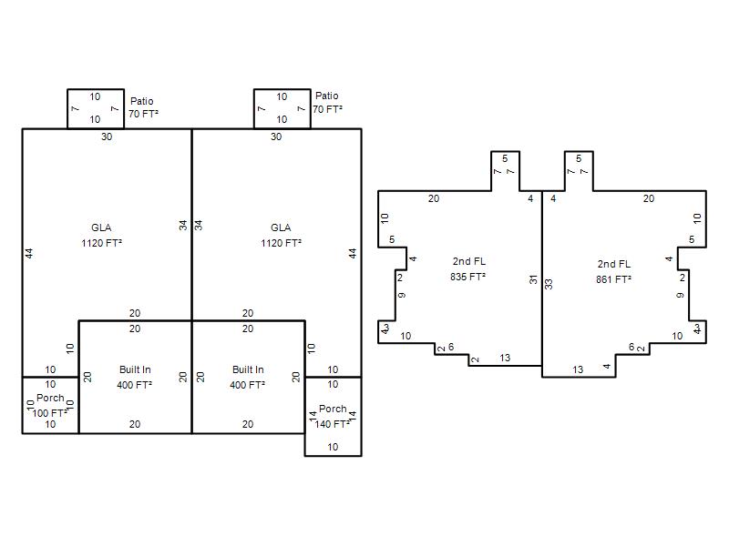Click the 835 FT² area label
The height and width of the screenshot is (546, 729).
(x=467, y=277)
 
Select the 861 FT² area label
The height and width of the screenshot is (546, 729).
(x=613, y=279)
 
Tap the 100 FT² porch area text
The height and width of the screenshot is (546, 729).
(x=50, y=413)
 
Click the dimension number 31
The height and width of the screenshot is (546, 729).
(x=533, y=279)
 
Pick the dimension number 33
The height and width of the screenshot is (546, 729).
(x=549, y=284)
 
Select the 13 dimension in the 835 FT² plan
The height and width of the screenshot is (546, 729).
(x=505, y=358)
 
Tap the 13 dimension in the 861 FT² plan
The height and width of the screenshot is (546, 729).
(x=578, y=369)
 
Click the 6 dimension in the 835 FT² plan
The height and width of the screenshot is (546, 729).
(x=451, y=347)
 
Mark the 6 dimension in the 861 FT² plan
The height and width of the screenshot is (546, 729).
(x=631, y=347)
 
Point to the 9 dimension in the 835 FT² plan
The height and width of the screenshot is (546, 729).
(x=402, y=295)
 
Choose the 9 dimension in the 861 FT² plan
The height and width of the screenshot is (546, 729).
(x=680, y=295)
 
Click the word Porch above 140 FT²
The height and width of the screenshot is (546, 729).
(x=333, y=409)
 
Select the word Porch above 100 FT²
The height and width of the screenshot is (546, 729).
(x=50, y=398)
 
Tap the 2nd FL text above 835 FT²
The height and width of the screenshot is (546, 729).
(x=468, y=261)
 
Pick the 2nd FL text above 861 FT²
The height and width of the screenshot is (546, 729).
(x=613, y=264)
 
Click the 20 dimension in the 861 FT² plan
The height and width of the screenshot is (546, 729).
(x=649, y=198)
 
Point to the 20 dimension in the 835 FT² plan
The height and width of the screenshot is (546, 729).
(x=434, y=198)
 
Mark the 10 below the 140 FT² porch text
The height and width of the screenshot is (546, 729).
(x=333, y=447)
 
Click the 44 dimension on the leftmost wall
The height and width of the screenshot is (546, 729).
(x=29, y=254)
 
